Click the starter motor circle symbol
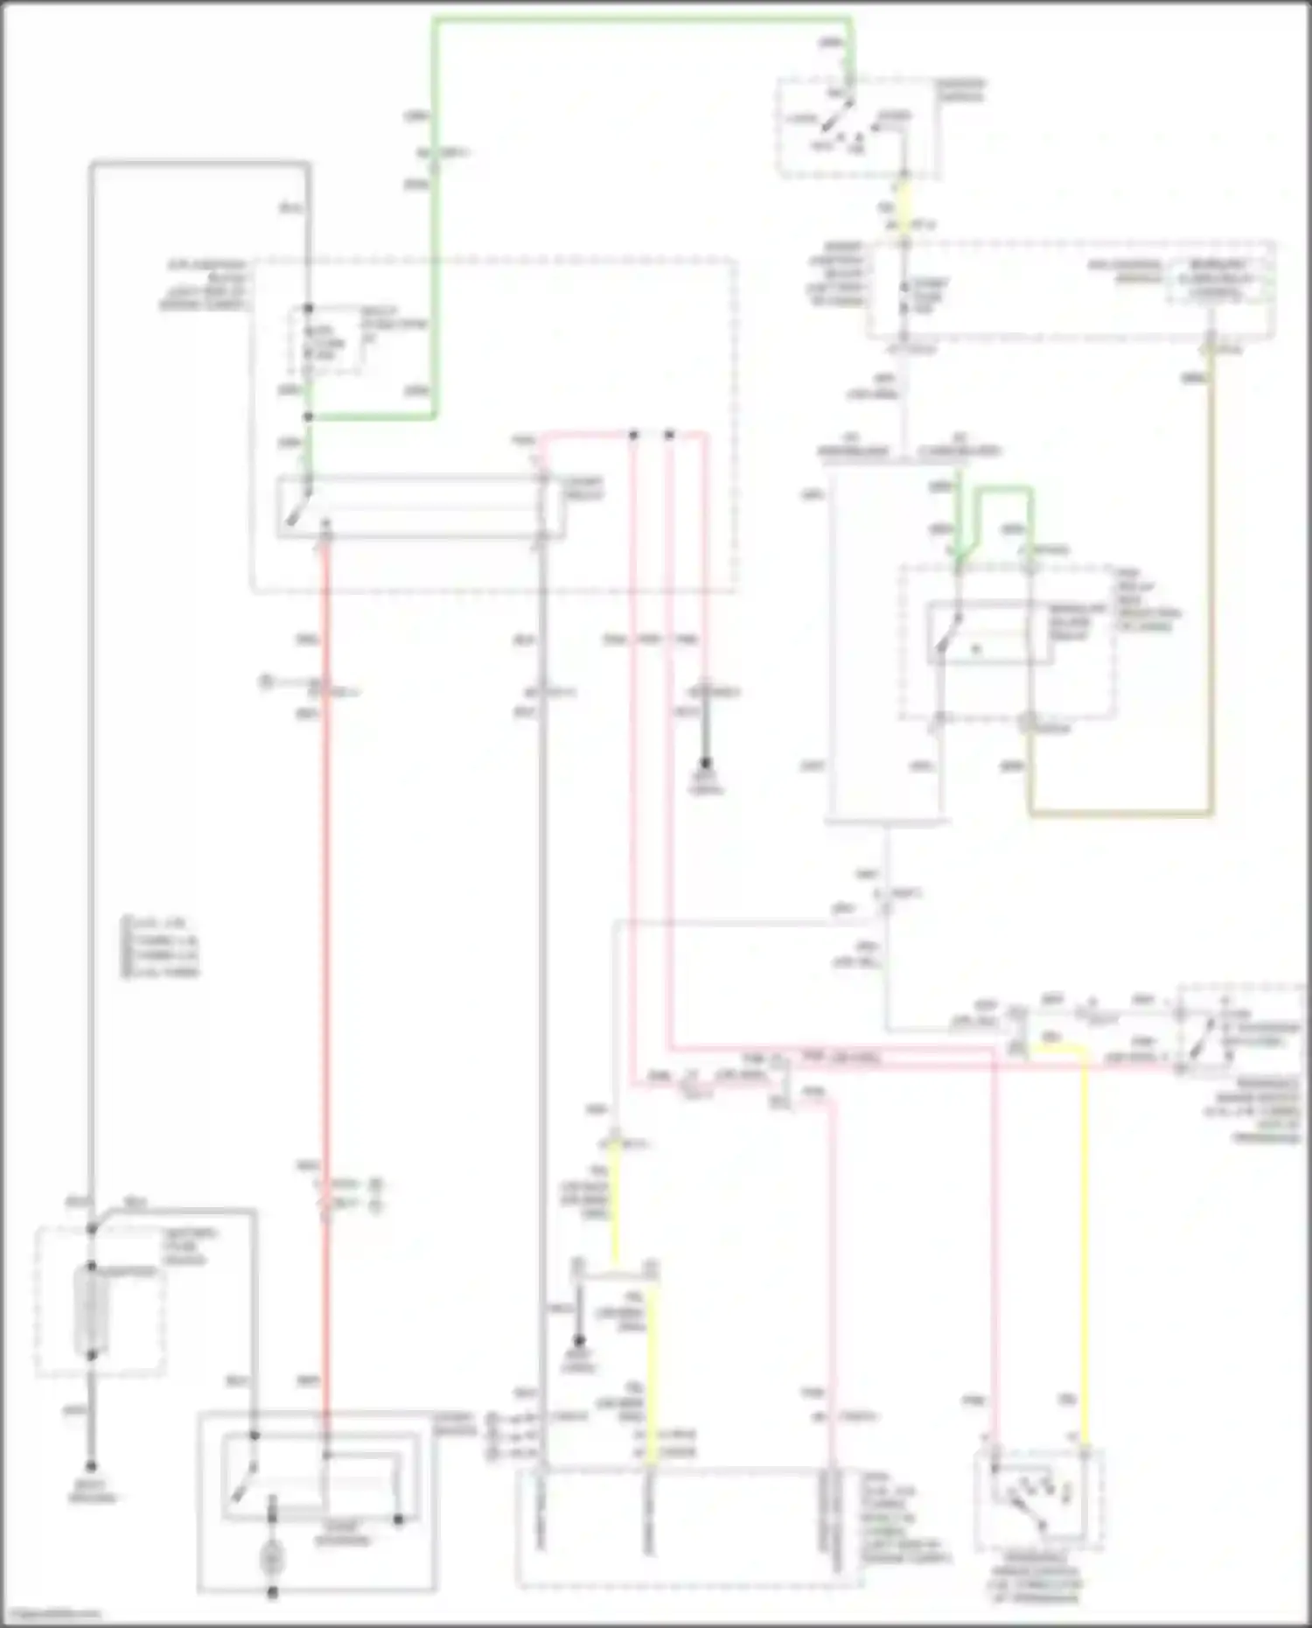pyautogui.click(x=272, y=1558)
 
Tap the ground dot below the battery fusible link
pyautogui.click(x=90, y=1466)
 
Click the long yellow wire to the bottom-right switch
pyautogui.click(x=1085, y=1242)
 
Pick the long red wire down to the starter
pyautogui.click(x=325, y=962)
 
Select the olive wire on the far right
pyautogui.click(x=1211, y=595)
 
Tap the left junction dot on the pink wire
pyautogui.click(x=633, y=434)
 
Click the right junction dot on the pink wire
pyautogui.click(x=669, y=434)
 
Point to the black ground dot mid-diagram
pyautogui.click(x=705, y=763)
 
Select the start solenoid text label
pyautogui.click(x=344, y=1533)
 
